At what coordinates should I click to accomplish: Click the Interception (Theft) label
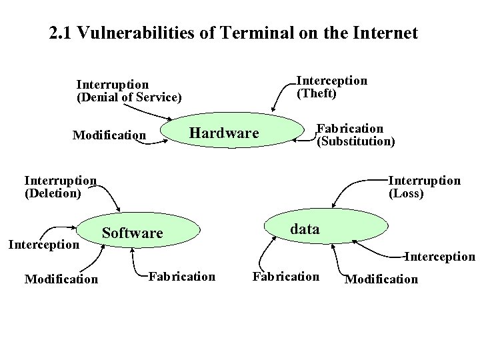(x=331, y=87)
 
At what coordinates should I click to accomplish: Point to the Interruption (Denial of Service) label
(x=129, y=91)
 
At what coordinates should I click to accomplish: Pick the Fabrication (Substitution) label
(x=355, y=135)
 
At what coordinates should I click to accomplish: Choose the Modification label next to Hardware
(x=109, y=135)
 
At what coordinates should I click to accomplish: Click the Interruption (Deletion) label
(x=61, y=187)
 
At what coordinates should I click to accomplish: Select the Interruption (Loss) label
(x=424, y=187)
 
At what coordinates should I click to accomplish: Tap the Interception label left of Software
(x=43, y=245)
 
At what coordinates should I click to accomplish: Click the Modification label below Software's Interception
(x=61, y=279)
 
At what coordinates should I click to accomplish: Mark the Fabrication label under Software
(x=182, y=276)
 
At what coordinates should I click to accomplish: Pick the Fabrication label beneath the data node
(x=286, y=276)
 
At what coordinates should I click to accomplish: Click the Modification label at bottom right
(x=381, y=279)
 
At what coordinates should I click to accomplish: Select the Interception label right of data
(x=441, y=257)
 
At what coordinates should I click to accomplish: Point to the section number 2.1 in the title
(x=61, y=33)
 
